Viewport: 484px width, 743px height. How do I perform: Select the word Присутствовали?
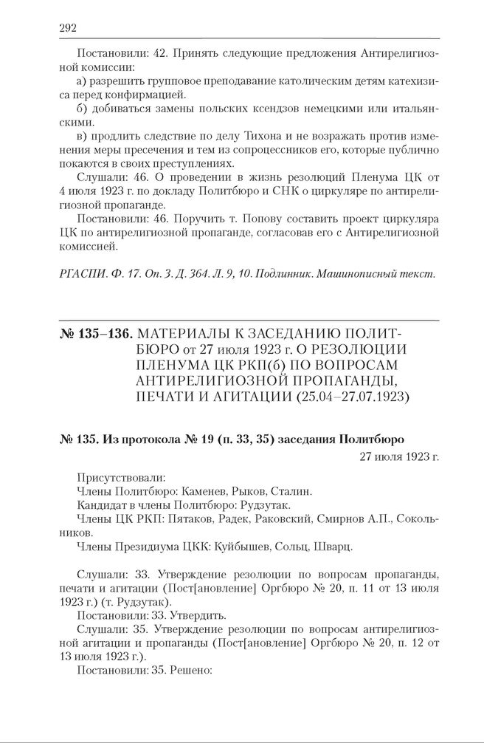click(120, 477)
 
